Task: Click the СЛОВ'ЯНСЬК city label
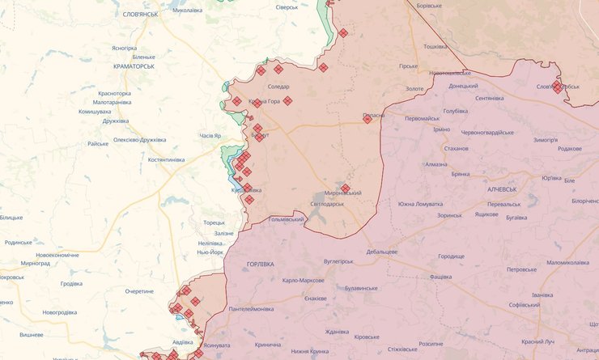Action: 141,15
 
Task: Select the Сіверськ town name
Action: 287,7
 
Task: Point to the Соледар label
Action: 278,87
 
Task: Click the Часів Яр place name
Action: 210,135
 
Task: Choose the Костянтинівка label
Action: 166,159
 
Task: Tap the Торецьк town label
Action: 214,222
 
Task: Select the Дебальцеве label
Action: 381,252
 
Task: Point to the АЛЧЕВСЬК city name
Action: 503,188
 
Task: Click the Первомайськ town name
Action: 422,119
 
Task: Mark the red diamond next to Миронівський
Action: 346,188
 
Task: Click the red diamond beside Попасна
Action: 367,118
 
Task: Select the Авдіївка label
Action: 183,341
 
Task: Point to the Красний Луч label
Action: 538,342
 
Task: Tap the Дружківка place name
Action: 115,121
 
